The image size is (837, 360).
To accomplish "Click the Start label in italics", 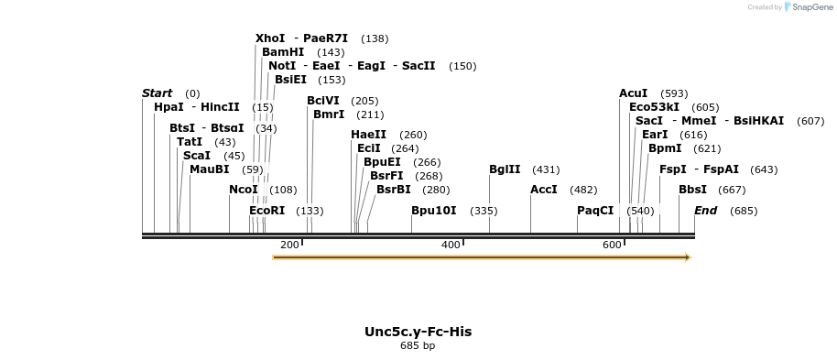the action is point(158,93).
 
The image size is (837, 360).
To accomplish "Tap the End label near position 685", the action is point(705,211).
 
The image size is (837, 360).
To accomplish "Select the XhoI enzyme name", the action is point(270,38).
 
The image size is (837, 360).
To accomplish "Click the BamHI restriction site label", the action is point(283,52).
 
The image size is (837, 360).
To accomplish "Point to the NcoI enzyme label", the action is point(244,190).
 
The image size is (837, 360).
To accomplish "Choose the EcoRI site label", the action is point(267,211).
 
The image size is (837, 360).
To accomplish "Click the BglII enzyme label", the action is point(505,169).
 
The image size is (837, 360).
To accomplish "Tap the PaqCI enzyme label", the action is point(595,211).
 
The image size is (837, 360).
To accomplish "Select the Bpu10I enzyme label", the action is point(434,211).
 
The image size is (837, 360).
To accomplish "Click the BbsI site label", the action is point(692,190).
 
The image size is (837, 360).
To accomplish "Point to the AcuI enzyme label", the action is point(633,93).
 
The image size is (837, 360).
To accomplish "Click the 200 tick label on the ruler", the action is point(289,245).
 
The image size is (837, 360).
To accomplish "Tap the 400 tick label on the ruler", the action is point(451,245).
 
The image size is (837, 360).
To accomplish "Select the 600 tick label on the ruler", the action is point(612,245).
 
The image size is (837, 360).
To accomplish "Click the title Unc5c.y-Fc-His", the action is point(418,332).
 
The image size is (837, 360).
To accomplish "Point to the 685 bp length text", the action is point(418,346).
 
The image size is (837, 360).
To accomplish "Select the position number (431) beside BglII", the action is point(546,169).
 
